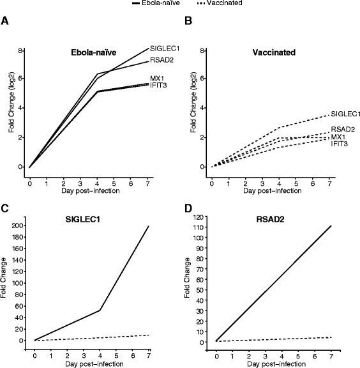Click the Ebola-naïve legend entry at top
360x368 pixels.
pos(154,4)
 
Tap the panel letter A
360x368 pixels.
pos(5,21)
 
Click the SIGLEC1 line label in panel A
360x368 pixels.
pos(164,49)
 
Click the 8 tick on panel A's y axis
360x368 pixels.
pos(21,50)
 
